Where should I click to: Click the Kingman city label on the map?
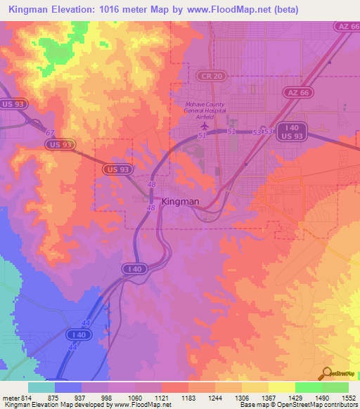click(181, 201)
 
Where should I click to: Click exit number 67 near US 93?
click(49, 132)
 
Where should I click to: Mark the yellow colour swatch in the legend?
click(281, 387)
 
